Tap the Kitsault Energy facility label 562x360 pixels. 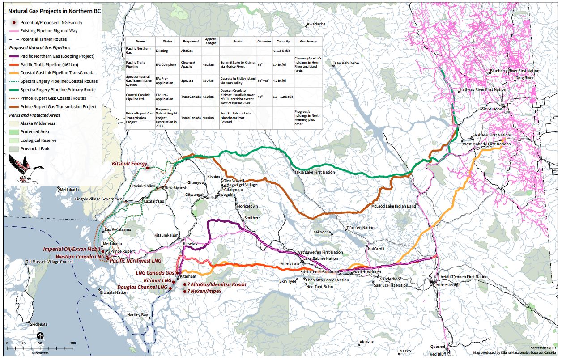129,164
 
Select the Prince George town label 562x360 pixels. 448,285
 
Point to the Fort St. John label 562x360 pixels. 491,109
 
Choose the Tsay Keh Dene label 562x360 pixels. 345,63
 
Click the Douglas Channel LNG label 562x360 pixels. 142,287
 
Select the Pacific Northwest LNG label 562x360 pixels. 136,260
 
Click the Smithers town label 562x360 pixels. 252,218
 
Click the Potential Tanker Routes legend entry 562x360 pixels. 43,39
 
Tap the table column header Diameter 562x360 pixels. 264,41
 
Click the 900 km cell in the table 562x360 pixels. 210,118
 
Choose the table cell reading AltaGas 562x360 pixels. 187,51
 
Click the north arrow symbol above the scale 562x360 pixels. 40,335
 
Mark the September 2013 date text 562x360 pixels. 543,348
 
